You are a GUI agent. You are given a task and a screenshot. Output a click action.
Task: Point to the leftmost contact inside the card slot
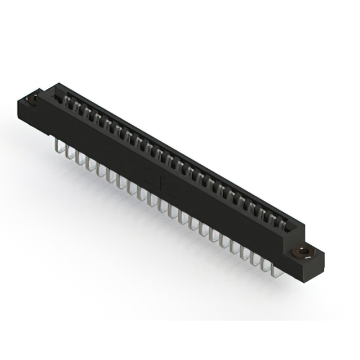tap(68, 100)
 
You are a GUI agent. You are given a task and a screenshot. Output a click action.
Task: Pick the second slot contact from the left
tap(78, 105)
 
